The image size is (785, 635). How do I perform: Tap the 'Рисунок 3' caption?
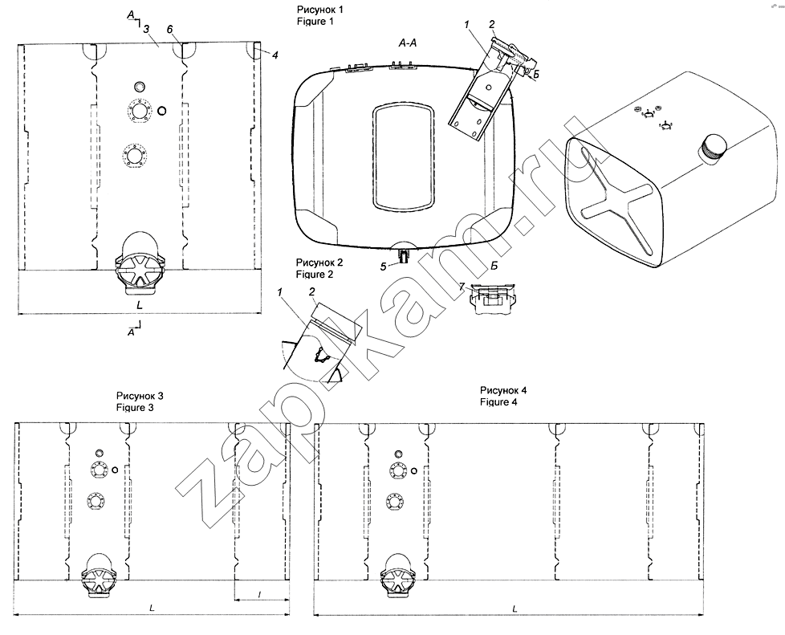tap(140, 396)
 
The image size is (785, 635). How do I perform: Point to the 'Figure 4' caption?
tap(498, 402)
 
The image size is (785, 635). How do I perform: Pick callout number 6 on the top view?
tap(170, 29)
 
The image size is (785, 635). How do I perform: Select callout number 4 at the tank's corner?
tap(275, 55)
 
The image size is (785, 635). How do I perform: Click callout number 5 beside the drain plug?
tap(384, 265)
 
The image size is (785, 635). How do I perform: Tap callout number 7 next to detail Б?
tap(462, 286)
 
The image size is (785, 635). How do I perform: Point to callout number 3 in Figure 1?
tap(145, 28)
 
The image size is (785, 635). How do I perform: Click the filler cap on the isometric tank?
tap(712, 149)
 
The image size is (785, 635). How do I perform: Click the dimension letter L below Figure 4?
tap(512, 609)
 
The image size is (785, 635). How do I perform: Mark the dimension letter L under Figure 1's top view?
tap(140, 306)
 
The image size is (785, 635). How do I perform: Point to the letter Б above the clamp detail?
tap(494, 265)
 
